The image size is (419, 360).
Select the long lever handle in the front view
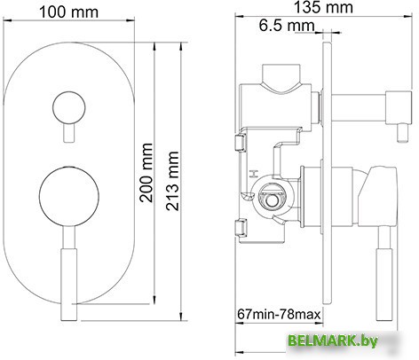pos(67,275)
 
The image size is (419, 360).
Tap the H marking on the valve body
pos(254,174)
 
